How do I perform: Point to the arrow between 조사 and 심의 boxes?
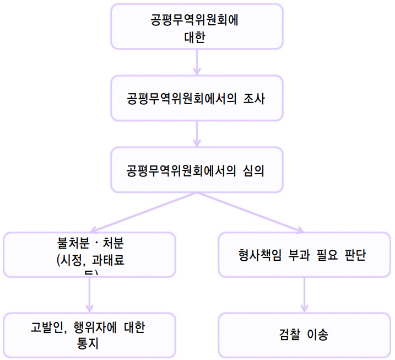click(x=197, y=133)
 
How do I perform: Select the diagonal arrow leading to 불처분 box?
click(x=143, y=212)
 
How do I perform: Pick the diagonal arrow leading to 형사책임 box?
click(x=251, y=212)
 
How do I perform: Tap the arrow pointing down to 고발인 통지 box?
click(x=89, y=295)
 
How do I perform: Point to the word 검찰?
click(x=290, y=335)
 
